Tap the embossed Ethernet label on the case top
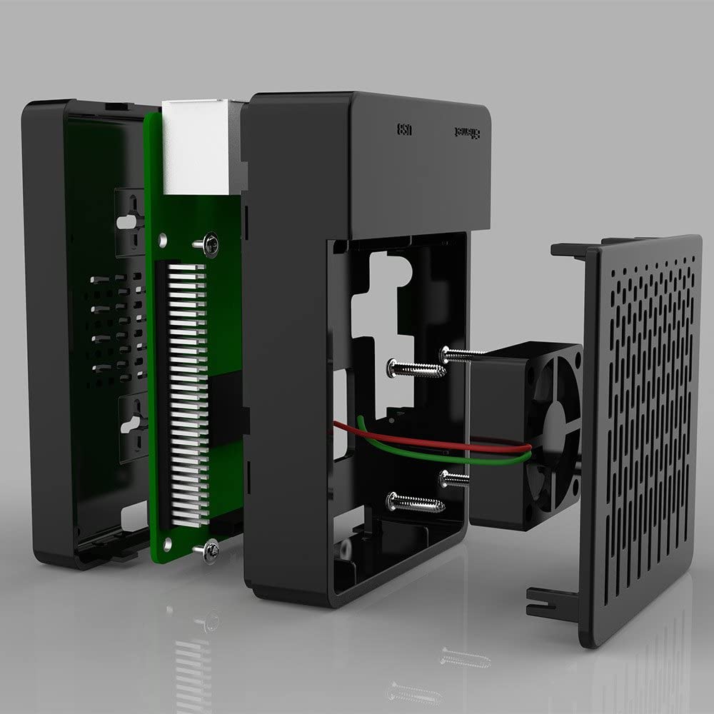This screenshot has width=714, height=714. [468, 133]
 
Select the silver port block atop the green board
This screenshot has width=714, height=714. [196, 147]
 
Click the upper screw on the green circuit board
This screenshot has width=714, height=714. [208, 245]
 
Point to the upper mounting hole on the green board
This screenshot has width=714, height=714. [164, 241]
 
